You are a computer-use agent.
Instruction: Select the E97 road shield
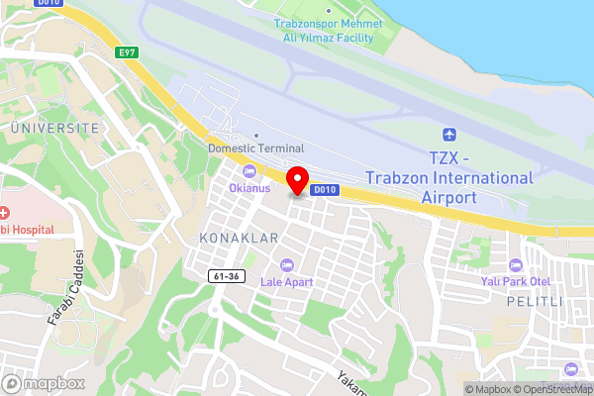pyautogui.click(x=125, y=51)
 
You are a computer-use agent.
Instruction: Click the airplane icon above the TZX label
pyautogui.click(x=449, y=134)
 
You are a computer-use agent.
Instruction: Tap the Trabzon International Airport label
pyautogui.click(x=448, y=177)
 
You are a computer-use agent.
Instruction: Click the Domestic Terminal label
pyautogui.click(x=255, y=148)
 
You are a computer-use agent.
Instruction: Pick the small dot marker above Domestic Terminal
pyautogui.click(x=255, y=136)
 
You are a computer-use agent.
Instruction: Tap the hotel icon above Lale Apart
pyautogui.click(x=287, y=264)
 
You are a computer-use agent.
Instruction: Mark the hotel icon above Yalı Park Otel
pyautogui.click(x=515, y=265)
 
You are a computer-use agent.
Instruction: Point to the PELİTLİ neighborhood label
pyautogui.click(x=535, y=301)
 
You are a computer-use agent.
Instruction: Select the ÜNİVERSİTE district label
pyautogui.click(x=54, y=129)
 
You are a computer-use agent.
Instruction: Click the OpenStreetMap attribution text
pyautogui.click(x=551, y=388)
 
